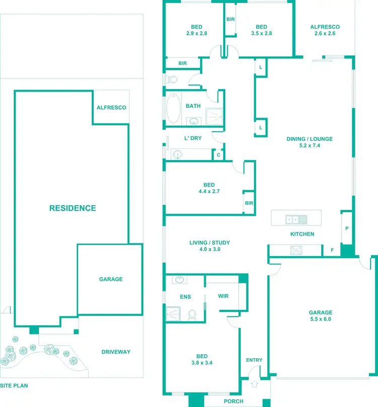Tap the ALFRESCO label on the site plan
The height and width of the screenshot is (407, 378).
click(111, 108)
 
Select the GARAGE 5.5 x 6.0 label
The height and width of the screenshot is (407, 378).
click(321, 315)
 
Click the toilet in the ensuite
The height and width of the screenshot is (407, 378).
click(192, 314)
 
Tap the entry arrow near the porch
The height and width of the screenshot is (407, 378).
click(254, 383)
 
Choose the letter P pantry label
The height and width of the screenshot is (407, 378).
click(347, 228)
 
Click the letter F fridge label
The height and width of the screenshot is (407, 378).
click(332, 250)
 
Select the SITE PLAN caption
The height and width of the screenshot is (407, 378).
click(14, 386)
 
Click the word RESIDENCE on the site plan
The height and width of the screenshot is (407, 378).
click(73, 208)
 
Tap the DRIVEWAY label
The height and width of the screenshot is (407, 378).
click(116, 352)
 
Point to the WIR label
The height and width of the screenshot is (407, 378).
click(223, 296)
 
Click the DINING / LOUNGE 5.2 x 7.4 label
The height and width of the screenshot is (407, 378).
click(309, 142)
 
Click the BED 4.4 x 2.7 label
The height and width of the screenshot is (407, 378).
click(209, 188)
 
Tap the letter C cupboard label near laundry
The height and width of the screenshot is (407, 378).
click(218, 155)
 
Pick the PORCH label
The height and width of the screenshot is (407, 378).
click(233, 401)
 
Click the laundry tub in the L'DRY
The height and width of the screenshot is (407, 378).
click(177, 154)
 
